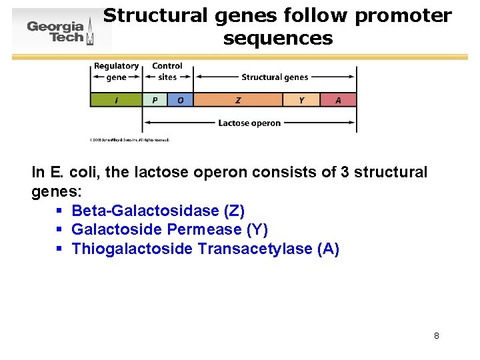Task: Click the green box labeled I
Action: (x=117, y=100)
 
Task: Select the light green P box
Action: (x=155, y=100)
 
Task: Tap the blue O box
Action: (x=180, y=100)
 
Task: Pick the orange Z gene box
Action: (x=238, y=100)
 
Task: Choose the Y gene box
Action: (x=301, y=100)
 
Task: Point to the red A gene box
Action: (x=338, y=100)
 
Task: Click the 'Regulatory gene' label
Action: (x=116, y=71)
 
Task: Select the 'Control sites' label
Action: (x=167, y=71)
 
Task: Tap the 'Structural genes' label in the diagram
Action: (x=275, y=77)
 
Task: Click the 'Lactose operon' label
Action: (x=249, y=123)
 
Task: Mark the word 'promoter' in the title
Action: (x=403, y=16)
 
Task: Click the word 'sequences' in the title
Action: (x=278, y=39)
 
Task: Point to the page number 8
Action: (x=436, y=335)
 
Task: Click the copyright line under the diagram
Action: (x=129, y=140)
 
